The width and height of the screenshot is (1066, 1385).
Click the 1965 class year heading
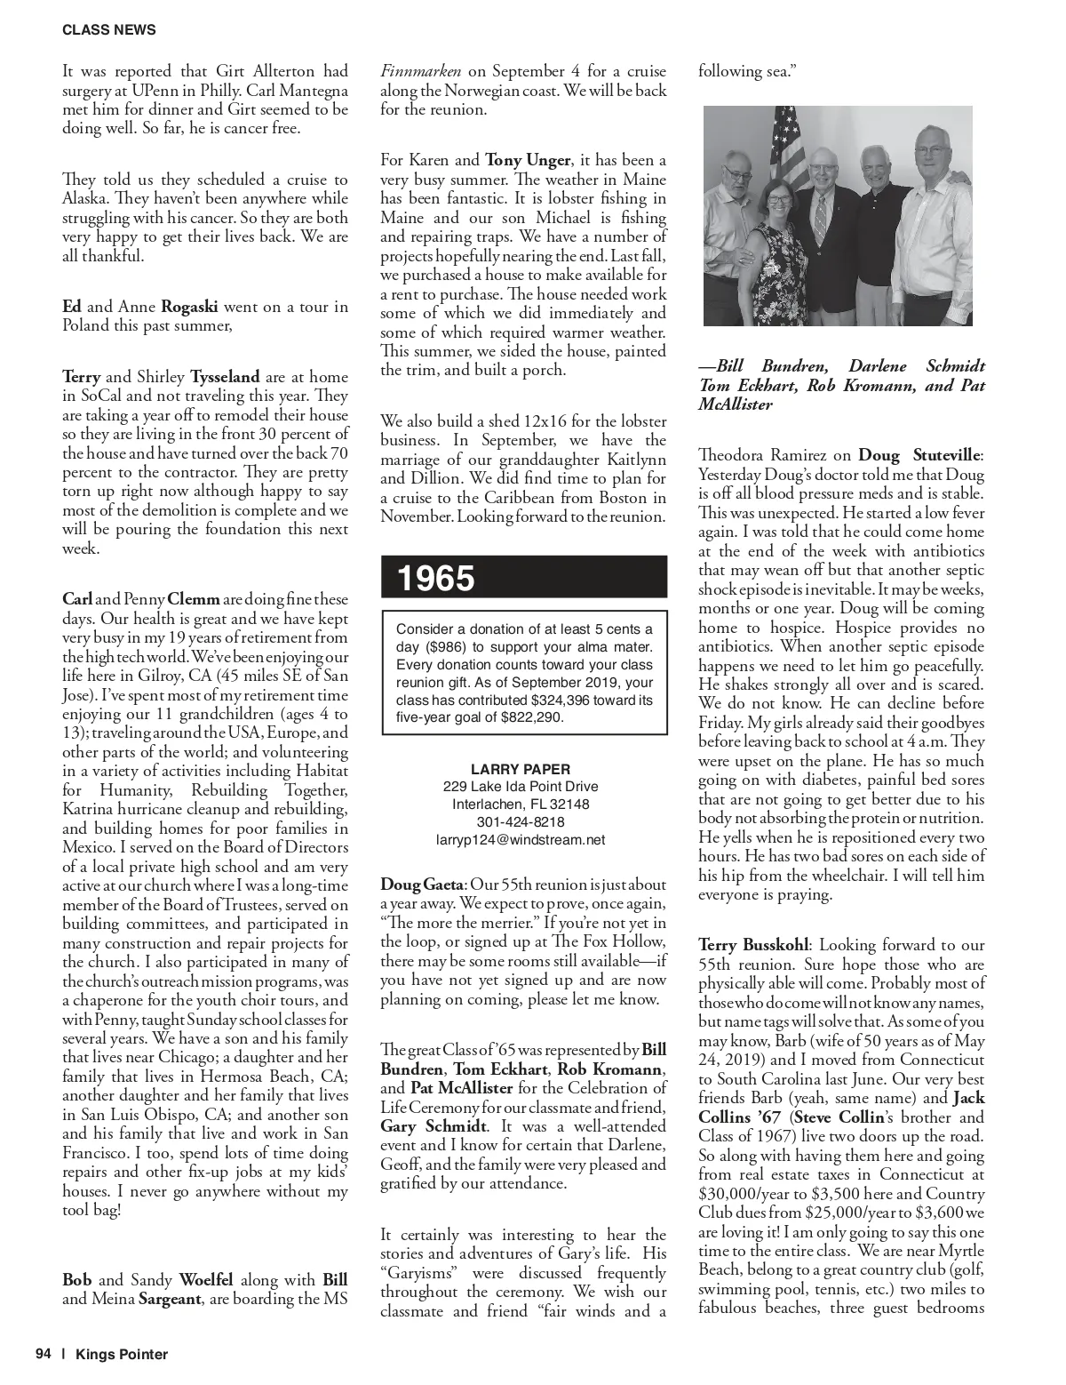[436, 579]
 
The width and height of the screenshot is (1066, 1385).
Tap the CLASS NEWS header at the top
[109, 29]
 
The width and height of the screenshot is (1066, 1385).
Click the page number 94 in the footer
[44, 1354]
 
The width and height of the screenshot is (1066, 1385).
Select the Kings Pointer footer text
[122, 1354]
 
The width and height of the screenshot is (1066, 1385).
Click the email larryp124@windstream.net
[521, 838]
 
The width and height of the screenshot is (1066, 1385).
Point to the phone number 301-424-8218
[521, 821]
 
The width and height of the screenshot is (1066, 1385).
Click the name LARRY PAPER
[521, 769]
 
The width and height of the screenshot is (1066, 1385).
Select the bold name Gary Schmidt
[433, 1126]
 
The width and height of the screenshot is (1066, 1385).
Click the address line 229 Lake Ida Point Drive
[521, 787]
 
